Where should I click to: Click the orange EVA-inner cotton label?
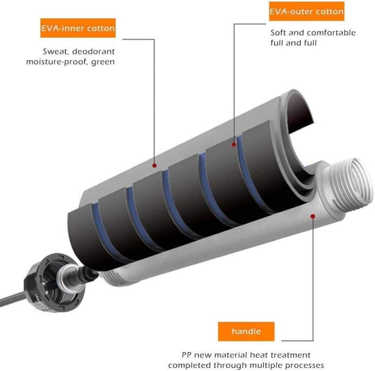78,28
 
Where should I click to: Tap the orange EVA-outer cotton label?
307,11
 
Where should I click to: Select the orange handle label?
246,331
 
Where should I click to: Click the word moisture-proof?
56,62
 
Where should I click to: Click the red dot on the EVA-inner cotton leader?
154,165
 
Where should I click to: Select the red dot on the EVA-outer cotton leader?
234,144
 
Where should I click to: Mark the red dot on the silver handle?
313,216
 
